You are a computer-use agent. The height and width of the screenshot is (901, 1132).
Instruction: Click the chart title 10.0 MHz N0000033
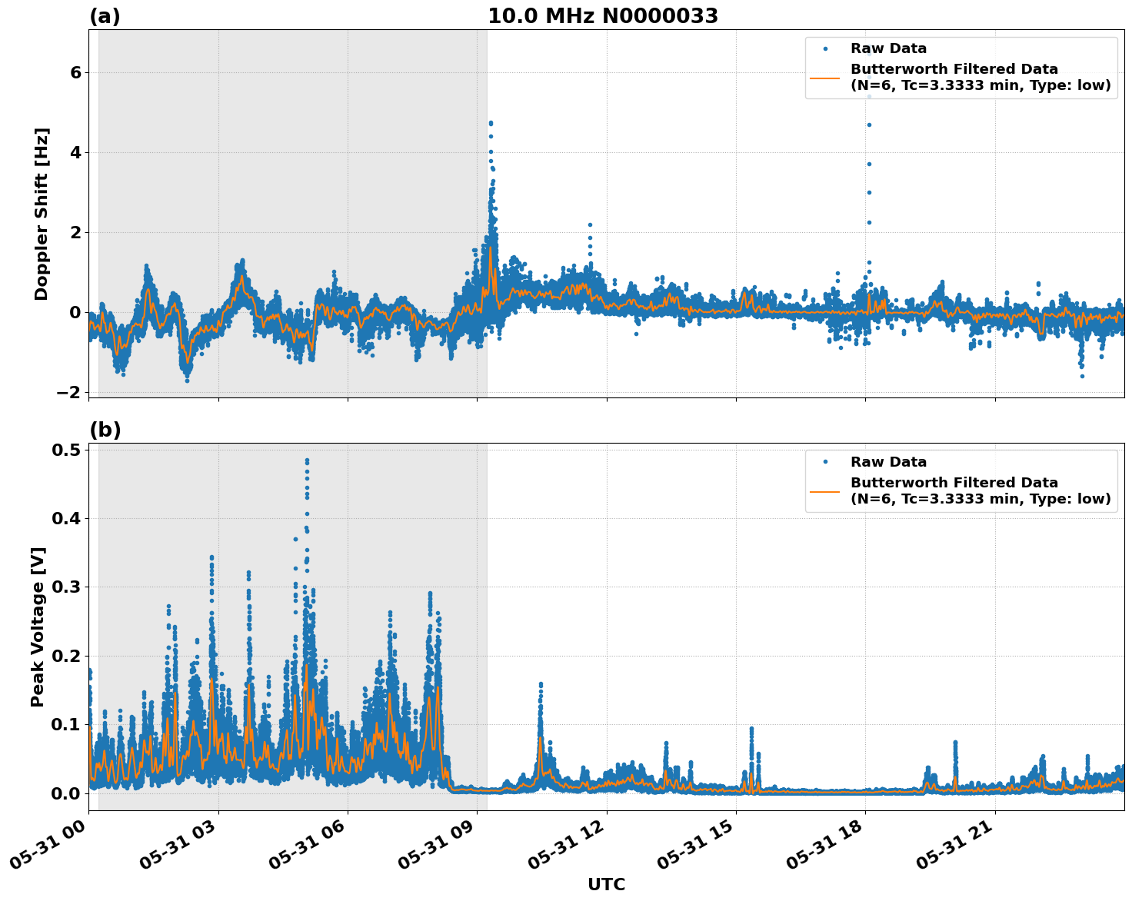(x=603, y=16)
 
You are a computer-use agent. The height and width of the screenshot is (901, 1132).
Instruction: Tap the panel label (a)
(x=105, y=16)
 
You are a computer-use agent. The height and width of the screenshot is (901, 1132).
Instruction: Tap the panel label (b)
(x=105, y=430)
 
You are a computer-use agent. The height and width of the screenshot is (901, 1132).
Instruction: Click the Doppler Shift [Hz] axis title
(x=42, y=214)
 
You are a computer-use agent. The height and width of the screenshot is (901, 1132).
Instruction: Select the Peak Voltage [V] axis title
(x=38, y=627)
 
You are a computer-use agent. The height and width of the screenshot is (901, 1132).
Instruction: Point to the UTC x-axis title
(x=606, y=885)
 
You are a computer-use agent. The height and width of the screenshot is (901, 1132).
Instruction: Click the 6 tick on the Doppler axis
(x=76, y=72)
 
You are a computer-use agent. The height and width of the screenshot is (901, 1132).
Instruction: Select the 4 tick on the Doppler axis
(x=76, y=152)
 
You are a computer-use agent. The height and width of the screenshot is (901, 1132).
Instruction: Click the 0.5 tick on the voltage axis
(x=68, y=450)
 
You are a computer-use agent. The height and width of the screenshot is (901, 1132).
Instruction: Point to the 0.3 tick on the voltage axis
(x=68, y=587)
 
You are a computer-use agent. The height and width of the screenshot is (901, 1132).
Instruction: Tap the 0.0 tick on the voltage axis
(x=68, y=793)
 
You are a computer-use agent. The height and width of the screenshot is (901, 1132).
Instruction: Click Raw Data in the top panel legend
(x=888, y=49)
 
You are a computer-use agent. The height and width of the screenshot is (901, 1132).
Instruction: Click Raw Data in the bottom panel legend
(x=888, y=462)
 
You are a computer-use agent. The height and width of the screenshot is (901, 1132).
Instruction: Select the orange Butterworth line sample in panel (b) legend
(x=825, y=491)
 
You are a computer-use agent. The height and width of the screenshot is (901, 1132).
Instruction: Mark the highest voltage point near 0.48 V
(x=307, y=460)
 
